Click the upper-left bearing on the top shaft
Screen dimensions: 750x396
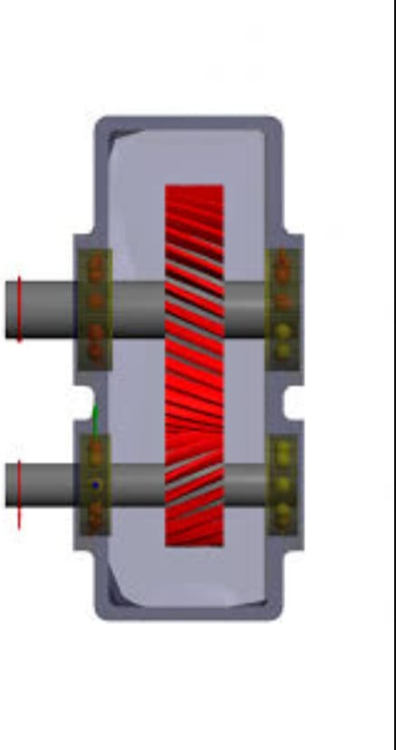tap(94, 308)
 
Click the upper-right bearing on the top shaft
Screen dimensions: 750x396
tap(283, 308)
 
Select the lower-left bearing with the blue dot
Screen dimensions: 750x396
tap(94, 485)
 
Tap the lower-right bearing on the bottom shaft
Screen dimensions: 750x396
tap(283, 485)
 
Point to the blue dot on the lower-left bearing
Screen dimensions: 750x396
tap(95, 485)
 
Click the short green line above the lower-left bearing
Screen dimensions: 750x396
tap(94, 420)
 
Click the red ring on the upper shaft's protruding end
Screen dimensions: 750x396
tap(19, 308)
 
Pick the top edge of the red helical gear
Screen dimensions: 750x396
tap(194, 188)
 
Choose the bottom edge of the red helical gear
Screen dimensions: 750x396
tap(194, 543)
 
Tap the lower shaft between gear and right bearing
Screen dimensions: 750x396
tap(245, 485)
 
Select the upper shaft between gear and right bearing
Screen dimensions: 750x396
tap(245, 308)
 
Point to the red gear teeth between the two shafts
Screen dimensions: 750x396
tap(194, 399)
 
